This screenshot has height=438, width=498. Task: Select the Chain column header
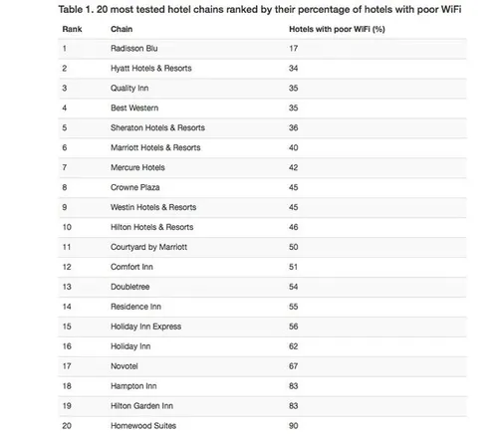(121, 29)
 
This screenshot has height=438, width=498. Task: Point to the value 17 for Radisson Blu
(293, 48)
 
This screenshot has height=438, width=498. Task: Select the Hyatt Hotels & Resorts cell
(150, 68)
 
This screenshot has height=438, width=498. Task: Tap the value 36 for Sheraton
(293, 127)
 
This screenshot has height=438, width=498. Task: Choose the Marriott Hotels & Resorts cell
(155, 147)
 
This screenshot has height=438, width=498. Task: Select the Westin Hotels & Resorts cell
(152, 207)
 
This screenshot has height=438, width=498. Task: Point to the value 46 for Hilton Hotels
(293, 227)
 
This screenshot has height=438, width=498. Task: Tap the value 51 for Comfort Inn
(293, 267)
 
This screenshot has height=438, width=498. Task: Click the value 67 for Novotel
(293, 365)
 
